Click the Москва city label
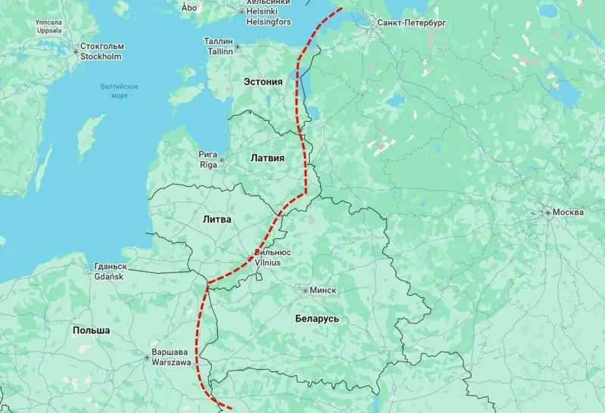coord(568,213)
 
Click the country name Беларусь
coord(317,319)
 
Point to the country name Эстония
coord(263,82)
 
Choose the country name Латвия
coord(267,158)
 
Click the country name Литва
coord(218,219)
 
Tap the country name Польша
coord(92,331)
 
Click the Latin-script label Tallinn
coord(220,51)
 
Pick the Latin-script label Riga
coord(208,164)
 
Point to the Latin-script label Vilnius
coord(267,262)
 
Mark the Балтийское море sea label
coord(119,91)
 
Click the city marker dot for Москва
coord(548,213)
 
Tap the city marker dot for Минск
coord(304,290)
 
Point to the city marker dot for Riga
coord(222,160)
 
